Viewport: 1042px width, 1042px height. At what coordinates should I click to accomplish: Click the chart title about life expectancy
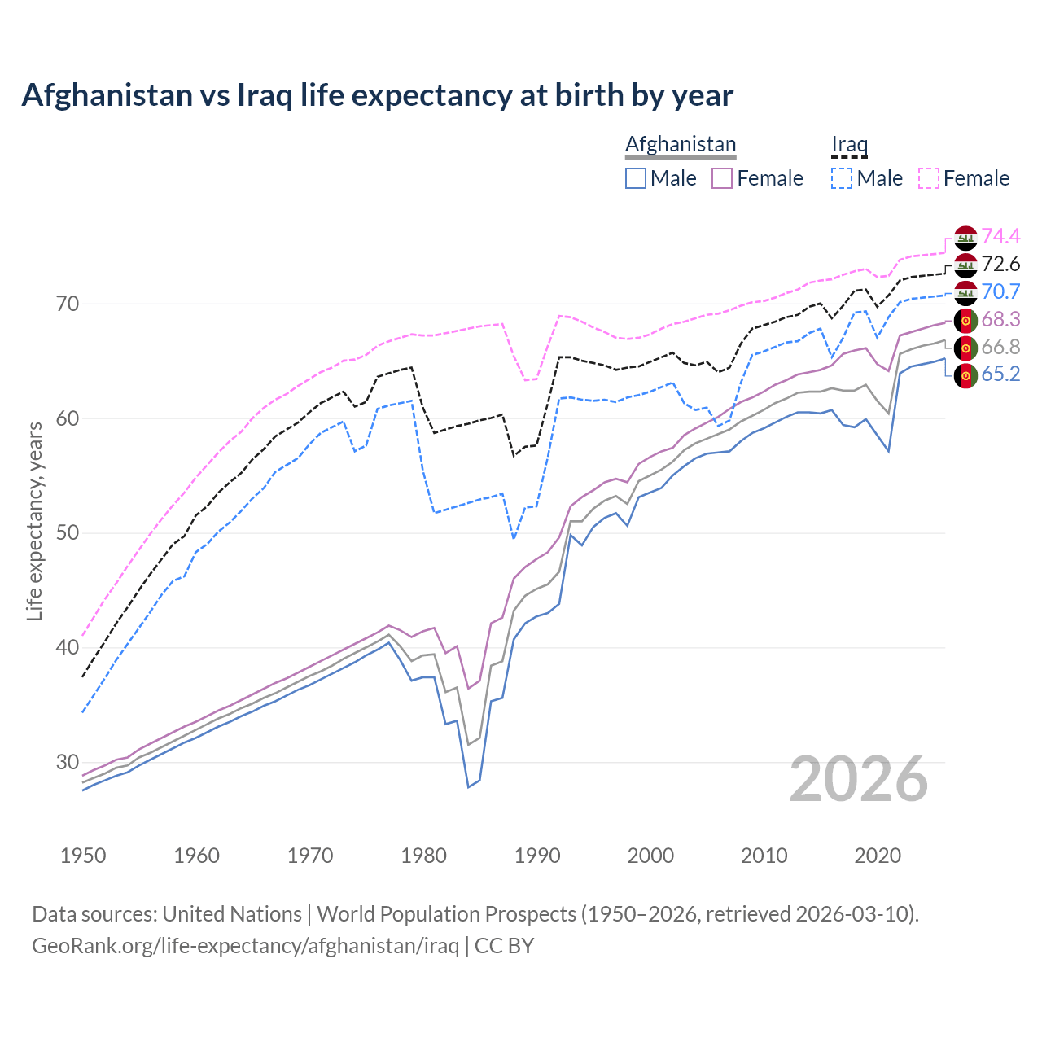pyautogui.click(x=377, y=95)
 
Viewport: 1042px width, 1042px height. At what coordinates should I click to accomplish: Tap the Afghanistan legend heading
pyautogui.click(x=680, y=144)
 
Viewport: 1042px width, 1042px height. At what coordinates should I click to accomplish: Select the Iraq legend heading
pyautogui.click(x=849, y=144)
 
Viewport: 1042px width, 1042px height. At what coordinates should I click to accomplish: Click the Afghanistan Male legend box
pyautogui.click(x=636, y=178)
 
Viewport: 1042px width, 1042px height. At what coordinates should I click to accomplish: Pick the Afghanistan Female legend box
pyautogui.click(x=722, y=178)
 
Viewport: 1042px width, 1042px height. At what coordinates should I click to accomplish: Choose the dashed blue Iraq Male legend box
pyautogui.click(x=842, y=178)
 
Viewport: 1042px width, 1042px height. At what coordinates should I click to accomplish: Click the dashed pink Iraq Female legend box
pyautogui.click(x=929, y=178)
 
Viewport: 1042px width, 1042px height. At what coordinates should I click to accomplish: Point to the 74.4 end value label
pyautogui.click(x=1000, y=236)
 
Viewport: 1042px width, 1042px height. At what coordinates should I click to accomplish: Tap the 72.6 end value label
pyautogui.click(x=1000, y=264)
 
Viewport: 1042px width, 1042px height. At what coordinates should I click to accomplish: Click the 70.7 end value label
pyautogui.click(x=1000, y=291)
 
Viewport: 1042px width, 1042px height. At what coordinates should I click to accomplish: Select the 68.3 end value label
pyautogui.click(x=1000, y=319)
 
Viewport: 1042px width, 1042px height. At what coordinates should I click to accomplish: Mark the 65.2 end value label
pyautogui.click(x=1000, y=374)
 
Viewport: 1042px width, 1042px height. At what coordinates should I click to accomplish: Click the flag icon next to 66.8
pyautogui.click(x=965, y=348)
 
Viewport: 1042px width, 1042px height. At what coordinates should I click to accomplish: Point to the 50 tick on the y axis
pyautogui.click(x=68, y=533)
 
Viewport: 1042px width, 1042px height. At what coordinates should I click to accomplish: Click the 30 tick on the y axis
pyautogui.click(x=68, y=763)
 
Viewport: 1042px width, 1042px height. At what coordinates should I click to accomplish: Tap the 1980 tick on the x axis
pyautogui.click(x=424, y=856)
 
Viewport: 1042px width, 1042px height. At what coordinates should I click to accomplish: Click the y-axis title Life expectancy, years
pyautogui.click(x=34, y=521)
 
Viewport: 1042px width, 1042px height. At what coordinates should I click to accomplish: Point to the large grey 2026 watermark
pyautogui.click(x=859, y=779)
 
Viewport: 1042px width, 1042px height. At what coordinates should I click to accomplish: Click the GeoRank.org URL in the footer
pyautogui.click(x=245, y=946)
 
